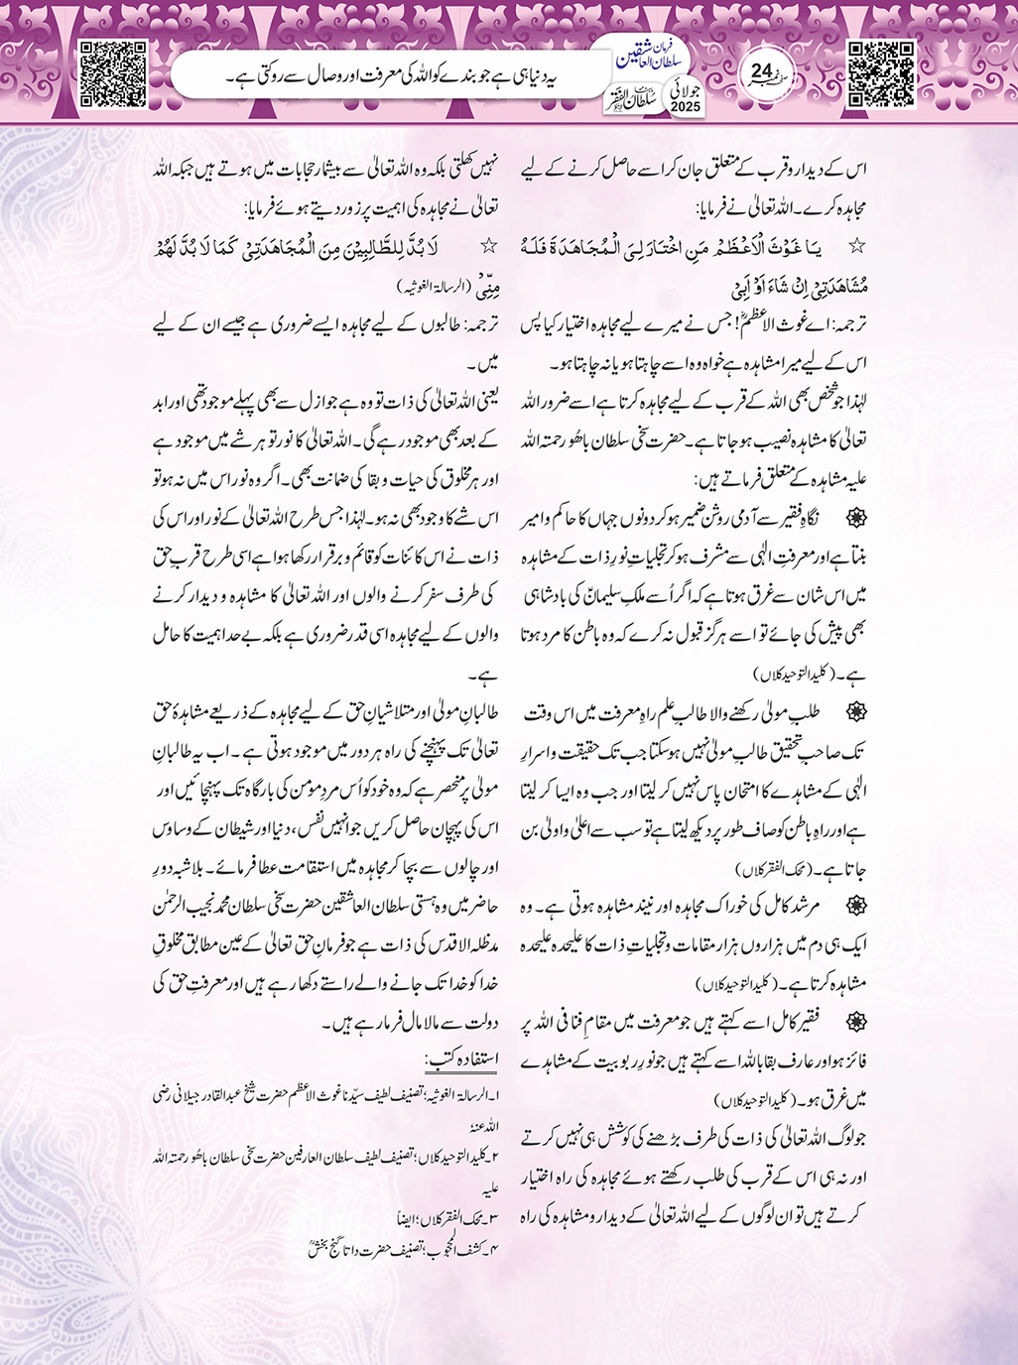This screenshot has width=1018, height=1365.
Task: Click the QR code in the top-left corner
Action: [x=112, y=71]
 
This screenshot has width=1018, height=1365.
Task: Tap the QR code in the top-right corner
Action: [x=882, y=71]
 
